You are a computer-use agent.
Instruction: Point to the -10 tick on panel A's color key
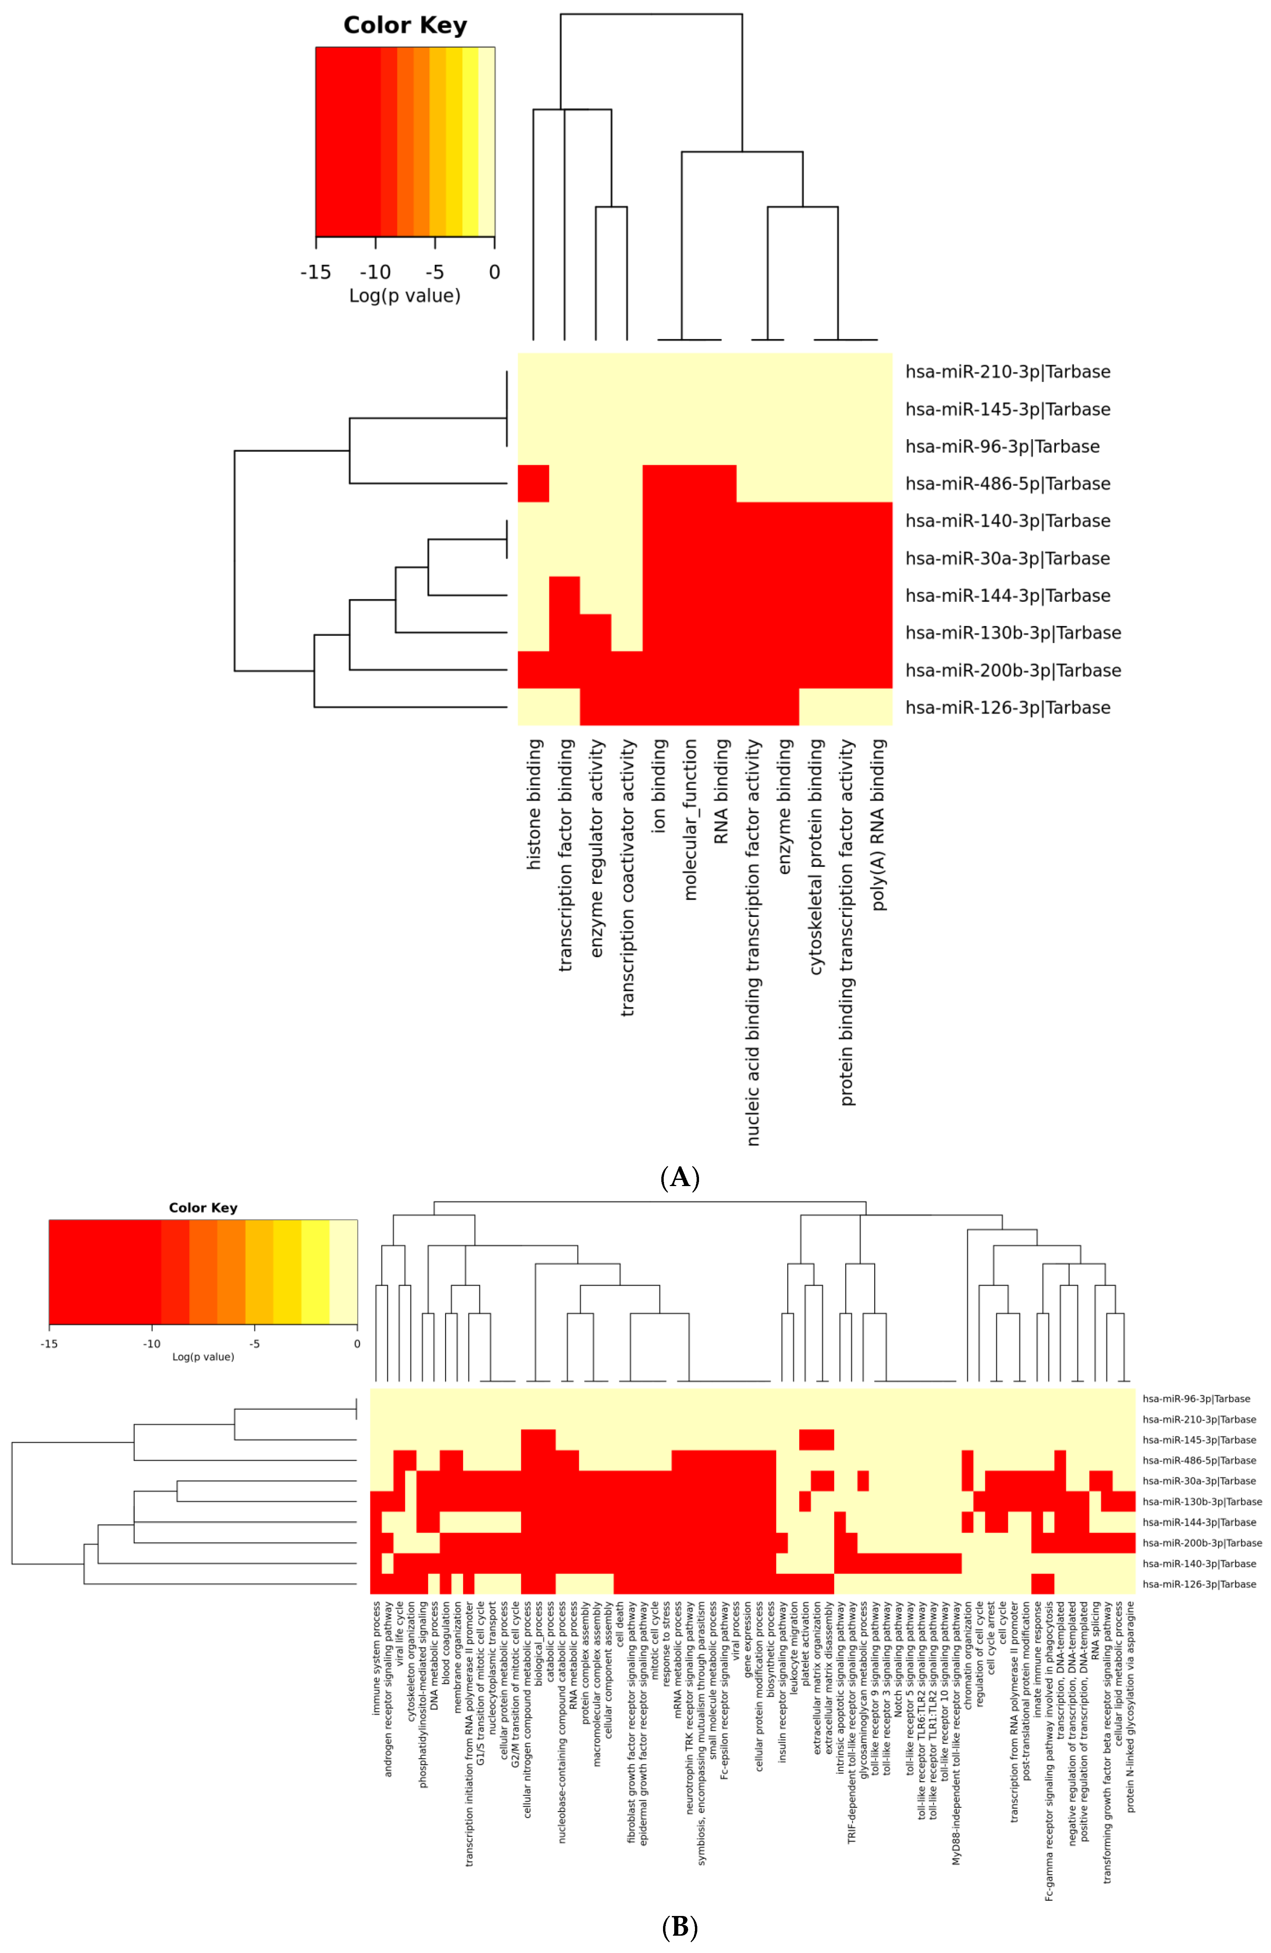point(375,272)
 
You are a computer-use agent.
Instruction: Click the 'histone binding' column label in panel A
point(534,804)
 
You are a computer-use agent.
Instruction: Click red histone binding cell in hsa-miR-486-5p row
point(533,483)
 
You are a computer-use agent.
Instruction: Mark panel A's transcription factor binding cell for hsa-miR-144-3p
point(565,595)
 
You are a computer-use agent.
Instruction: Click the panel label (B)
point(679,1927)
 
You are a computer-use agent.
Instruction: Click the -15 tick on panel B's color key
point(49,1344)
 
